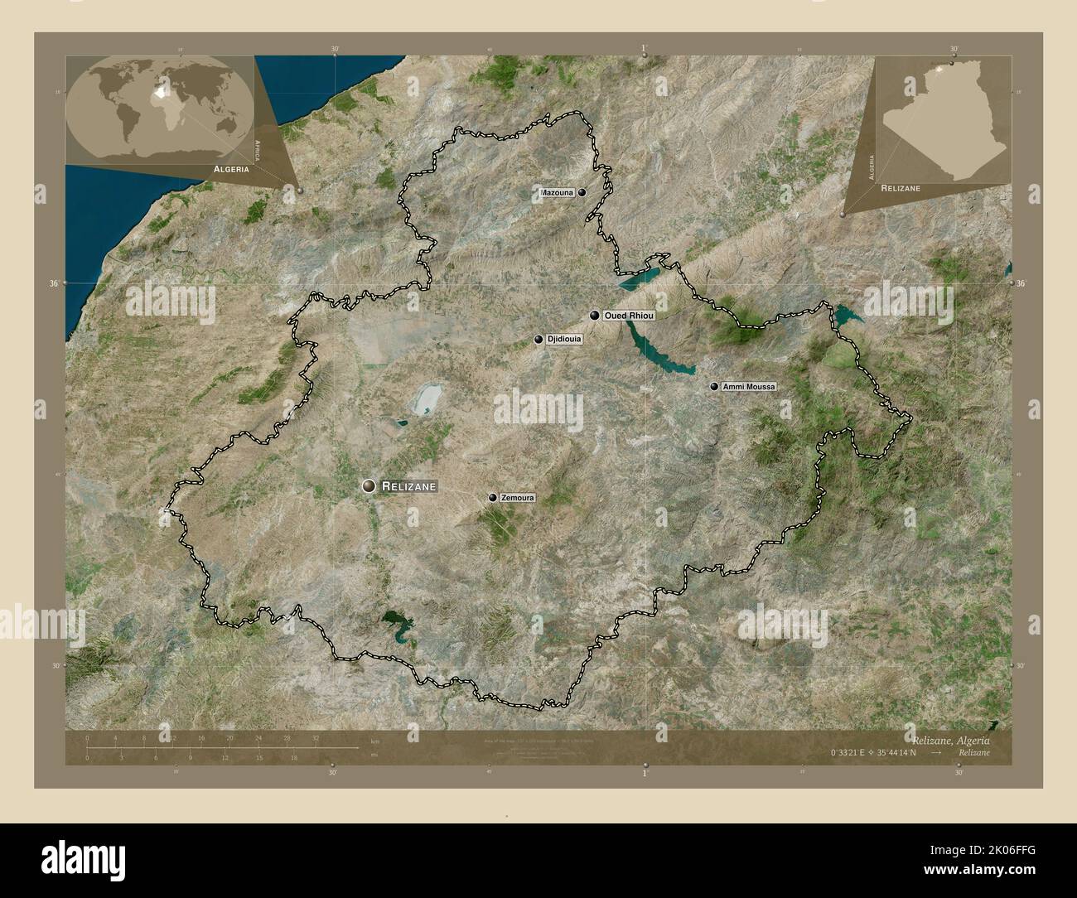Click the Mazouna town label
click(557, 193)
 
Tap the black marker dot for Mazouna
click(583, 192)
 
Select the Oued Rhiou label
click(630, 316)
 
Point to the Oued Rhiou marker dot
click(595, 315)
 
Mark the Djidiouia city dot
click(539, 340)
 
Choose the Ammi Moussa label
click(749, 387)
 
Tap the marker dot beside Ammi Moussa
click(714, 387)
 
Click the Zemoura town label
click(518, 498)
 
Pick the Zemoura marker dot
click(493, 498)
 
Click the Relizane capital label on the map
click(408, 487)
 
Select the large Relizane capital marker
click(369, 486)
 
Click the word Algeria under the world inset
click(231, 168)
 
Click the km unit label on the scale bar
click(375, 741)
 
